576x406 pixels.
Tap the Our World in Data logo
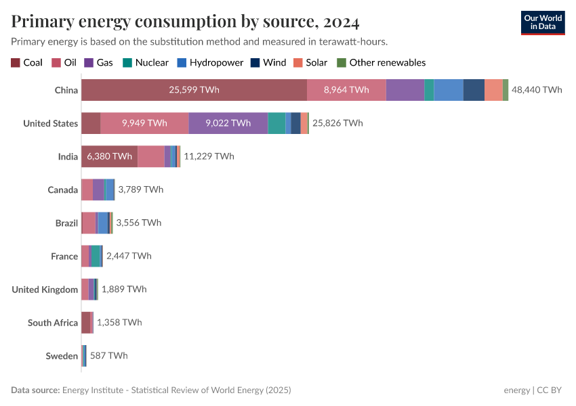[542, 22]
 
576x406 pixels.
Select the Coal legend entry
[26, 62]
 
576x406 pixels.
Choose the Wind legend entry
[268, 62]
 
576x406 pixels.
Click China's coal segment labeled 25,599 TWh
[194, 90]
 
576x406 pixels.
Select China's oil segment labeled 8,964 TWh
[346, 90]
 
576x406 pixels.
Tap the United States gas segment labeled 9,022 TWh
[228, 123]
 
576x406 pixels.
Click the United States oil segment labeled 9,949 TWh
[144, 123]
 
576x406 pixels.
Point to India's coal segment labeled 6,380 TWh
[109, 156]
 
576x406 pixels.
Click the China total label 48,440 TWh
[537, 90]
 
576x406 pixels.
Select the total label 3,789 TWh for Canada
[140, 189]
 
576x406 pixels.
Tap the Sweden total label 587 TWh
[108, 355]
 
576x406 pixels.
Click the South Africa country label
[53, 323]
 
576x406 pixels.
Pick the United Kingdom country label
[45, 290]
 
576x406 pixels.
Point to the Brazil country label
[66, 223]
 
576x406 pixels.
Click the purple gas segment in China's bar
[405, 90]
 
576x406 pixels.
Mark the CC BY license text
[552, 390]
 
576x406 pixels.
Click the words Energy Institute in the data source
[93, 390]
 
